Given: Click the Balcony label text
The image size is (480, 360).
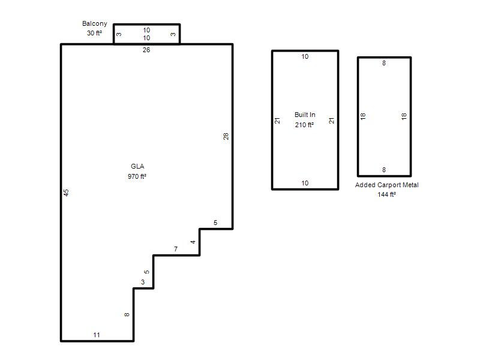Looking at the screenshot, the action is (x=95, y=23).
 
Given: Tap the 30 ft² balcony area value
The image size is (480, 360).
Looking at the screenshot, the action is (x=94, y=33).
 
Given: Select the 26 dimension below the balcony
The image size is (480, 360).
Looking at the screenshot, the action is (x=146, y=50).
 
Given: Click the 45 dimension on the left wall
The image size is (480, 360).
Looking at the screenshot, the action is (x=66, y=193).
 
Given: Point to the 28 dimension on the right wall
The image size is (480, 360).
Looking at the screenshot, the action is (x=226, y=136).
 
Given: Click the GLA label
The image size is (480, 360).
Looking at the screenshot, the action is (x=137, y=166).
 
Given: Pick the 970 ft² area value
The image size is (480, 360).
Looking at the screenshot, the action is (x=137, y=176).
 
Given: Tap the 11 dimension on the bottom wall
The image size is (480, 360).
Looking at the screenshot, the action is (x=97, y=335).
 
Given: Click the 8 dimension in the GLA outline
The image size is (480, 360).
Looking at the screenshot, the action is (x=127, y=314).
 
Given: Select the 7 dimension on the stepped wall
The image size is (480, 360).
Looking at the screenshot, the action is (x=176, y=249).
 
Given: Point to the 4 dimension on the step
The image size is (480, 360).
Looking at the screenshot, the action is (x=193, y=242).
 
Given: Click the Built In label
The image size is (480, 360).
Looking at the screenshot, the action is (x=305, y=115).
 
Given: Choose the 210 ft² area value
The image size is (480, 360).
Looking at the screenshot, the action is (x=304, y=125).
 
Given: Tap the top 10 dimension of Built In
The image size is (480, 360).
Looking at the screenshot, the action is (x=305, y=56).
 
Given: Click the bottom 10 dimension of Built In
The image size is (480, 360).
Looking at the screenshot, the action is (x=305, y=183).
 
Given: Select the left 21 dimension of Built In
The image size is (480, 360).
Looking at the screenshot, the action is (x=277, y=121).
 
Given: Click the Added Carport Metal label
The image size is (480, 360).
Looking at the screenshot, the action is (x=386, y=185).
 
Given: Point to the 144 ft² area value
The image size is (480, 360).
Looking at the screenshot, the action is (x=386, y=194).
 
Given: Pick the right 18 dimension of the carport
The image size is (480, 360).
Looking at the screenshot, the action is (x=404, y=116).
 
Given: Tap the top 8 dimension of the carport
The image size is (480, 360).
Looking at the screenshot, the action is (x=384, y=63).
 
